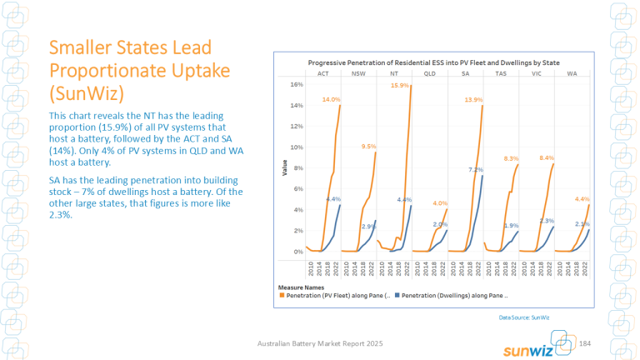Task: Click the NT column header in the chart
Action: [x=393, y=73]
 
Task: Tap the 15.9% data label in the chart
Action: [x=399, y=85]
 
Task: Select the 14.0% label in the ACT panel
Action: [x=332, y=99]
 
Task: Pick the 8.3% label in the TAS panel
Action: [x=512, y=158]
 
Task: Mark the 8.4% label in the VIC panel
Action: [x=547, y=157]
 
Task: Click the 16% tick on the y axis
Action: [x=296, y=84]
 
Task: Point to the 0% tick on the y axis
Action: [x=297, y=252]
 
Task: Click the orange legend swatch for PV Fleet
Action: [x=282, y=295]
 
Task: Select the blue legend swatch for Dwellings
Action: [x=398, y=295]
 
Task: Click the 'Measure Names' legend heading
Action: [x=301, y=287]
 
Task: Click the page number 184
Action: [x=584, y=343]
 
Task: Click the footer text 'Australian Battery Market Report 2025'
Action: [x=320, y=343]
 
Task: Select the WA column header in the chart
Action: [x=572, y=73]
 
